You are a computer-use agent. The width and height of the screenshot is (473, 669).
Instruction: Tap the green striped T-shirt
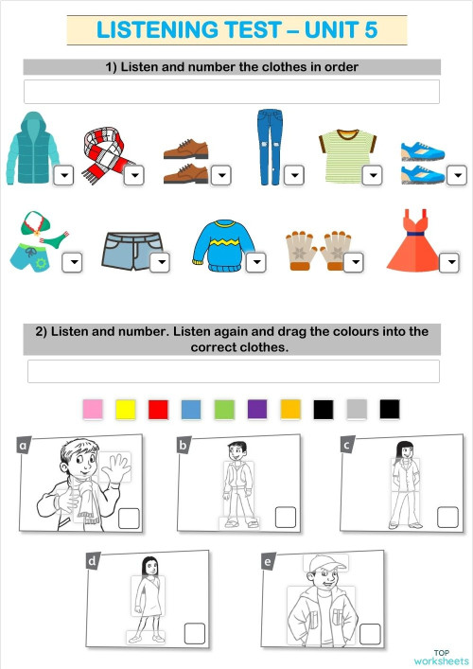341,154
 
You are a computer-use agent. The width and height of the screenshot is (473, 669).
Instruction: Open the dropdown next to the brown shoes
220,175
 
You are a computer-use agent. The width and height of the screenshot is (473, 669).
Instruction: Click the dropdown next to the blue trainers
457,175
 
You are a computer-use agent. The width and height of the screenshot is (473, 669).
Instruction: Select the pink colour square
93,409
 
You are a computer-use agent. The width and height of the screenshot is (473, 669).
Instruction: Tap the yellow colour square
126,409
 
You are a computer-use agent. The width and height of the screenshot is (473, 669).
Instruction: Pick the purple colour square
257,409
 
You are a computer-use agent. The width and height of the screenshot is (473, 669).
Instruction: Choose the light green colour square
224,409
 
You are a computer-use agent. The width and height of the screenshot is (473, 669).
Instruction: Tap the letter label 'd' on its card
93,562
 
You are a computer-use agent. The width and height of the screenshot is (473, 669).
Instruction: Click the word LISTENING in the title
157,30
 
